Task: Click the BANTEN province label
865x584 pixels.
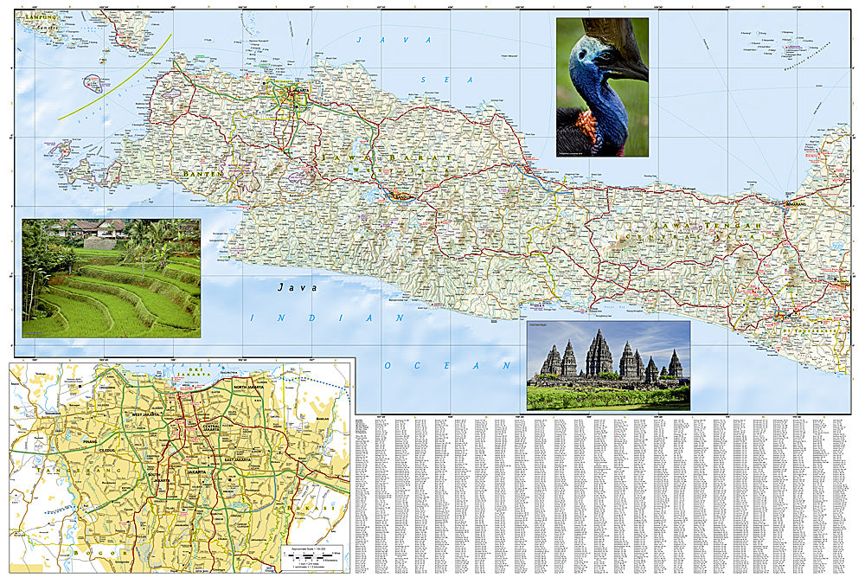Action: tap(203, 173)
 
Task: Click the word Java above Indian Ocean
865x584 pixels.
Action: tap(297, 287)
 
